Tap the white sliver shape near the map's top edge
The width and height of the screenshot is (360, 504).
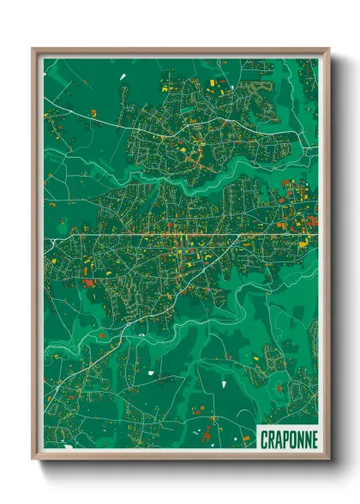coord(123,77)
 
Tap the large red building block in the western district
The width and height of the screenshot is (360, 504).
coord(87,281)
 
